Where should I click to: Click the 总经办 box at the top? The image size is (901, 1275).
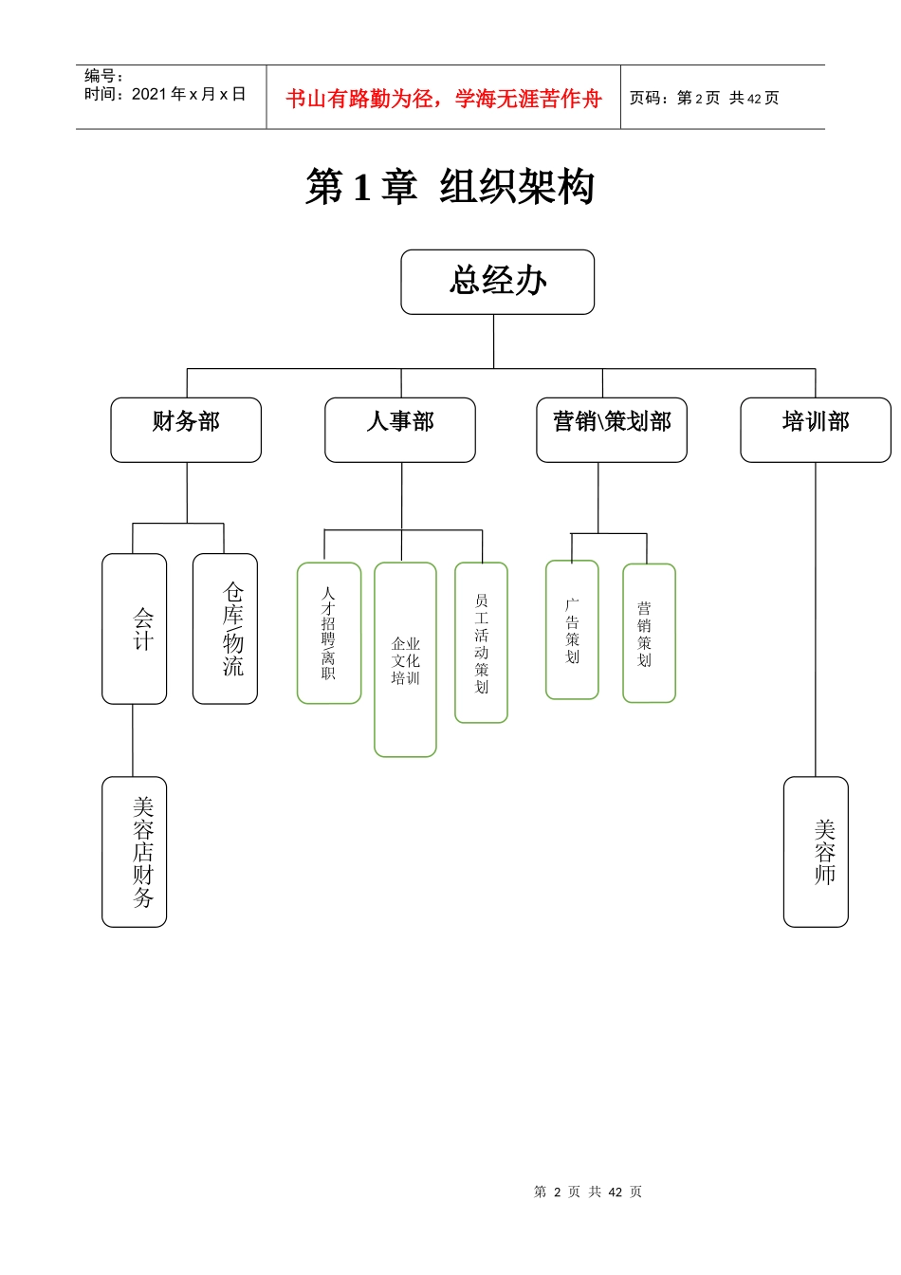[497, 282]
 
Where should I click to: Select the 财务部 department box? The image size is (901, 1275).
[186, 430]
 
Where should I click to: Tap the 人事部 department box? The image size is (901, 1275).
[399, 430]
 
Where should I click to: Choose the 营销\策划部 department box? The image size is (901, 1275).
[612, 430]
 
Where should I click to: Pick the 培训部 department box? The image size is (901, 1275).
[815, 430]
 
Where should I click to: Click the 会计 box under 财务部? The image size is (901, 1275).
[135, 629]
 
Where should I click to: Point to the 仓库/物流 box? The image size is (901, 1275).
[225, 629]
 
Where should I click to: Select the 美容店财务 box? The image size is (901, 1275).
[135, 852]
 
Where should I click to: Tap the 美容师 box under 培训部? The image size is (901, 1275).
[816, 852]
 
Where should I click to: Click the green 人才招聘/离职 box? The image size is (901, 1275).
[329, 633]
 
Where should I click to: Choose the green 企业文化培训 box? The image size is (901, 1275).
[405, 660]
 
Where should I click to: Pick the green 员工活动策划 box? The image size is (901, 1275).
[481, 642]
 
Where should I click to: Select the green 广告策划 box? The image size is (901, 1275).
[572, 630]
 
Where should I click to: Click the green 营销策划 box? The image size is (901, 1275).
[649, 633]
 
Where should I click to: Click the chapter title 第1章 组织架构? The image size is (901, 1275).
[450, 187]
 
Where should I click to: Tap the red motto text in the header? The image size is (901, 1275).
[443, 99]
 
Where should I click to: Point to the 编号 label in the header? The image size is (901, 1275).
[103, 76]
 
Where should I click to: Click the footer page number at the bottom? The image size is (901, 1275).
[588, 1192]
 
